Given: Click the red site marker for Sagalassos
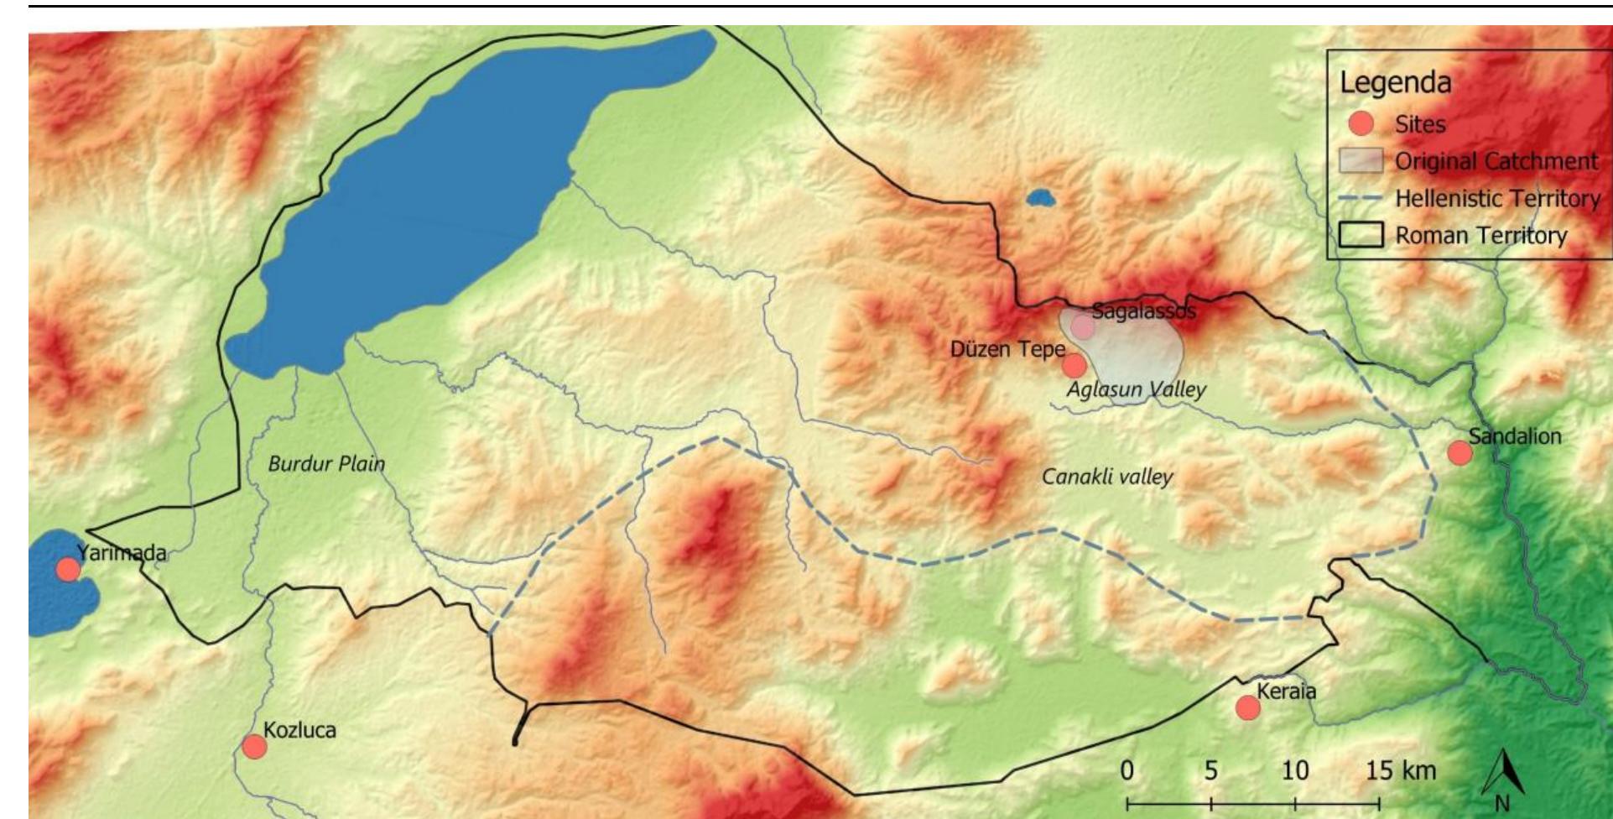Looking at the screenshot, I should pos(1083,327).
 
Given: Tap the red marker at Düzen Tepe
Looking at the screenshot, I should pos(1074,366).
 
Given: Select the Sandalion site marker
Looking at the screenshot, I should pos(1460,452).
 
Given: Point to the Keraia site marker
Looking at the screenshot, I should pos(1248,707).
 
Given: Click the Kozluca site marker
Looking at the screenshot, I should pos(254,746).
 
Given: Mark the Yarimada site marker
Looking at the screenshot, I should pos(68,570).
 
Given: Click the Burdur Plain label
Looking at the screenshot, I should pos(326,463).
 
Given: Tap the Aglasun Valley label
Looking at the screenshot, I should pos(1136,389).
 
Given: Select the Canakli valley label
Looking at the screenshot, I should pos(1106,477).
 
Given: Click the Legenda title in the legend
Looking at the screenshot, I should pos(1394,82).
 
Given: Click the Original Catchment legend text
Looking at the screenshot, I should pos(1496,161).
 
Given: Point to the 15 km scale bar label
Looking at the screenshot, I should pos(1400,769).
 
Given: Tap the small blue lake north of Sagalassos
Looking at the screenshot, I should pos(1040,199).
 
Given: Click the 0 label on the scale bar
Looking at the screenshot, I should pos(1127,769).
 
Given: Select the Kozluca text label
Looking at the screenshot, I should pos(299,729).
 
